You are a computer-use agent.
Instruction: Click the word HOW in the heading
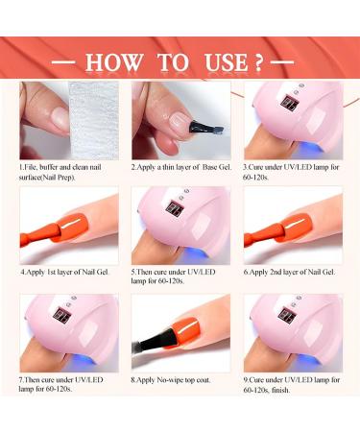[114, 62]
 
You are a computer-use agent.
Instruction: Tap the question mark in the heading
[258, 62]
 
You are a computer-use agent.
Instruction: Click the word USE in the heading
[227, 62]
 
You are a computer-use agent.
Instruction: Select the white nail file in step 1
[94, 120]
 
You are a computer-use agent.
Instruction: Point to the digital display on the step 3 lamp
[290, 105]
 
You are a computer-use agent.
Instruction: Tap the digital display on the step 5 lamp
[176, 208]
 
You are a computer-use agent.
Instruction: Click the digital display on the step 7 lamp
[62, 316]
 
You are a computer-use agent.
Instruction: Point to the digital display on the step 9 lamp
[287, 316]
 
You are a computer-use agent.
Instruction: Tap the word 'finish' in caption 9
[280, 390]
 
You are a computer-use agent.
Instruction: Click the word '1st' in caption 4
[51, 273]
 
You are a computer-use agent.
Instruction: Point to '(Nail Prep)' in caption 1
[59, 178]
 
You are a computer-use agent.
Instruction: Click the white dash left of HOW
[63, 62]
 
